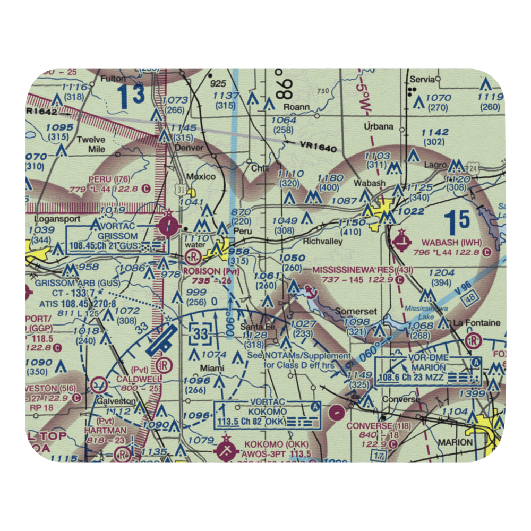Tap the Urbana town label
point(379,126)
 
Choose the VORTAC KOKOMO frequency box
point(268,415)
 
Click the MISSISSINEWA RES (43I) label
point(362,270)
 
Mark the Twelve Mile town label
point(91,144)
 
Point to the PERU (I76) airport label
point(109,178)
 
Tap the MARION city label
point(455,442)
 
